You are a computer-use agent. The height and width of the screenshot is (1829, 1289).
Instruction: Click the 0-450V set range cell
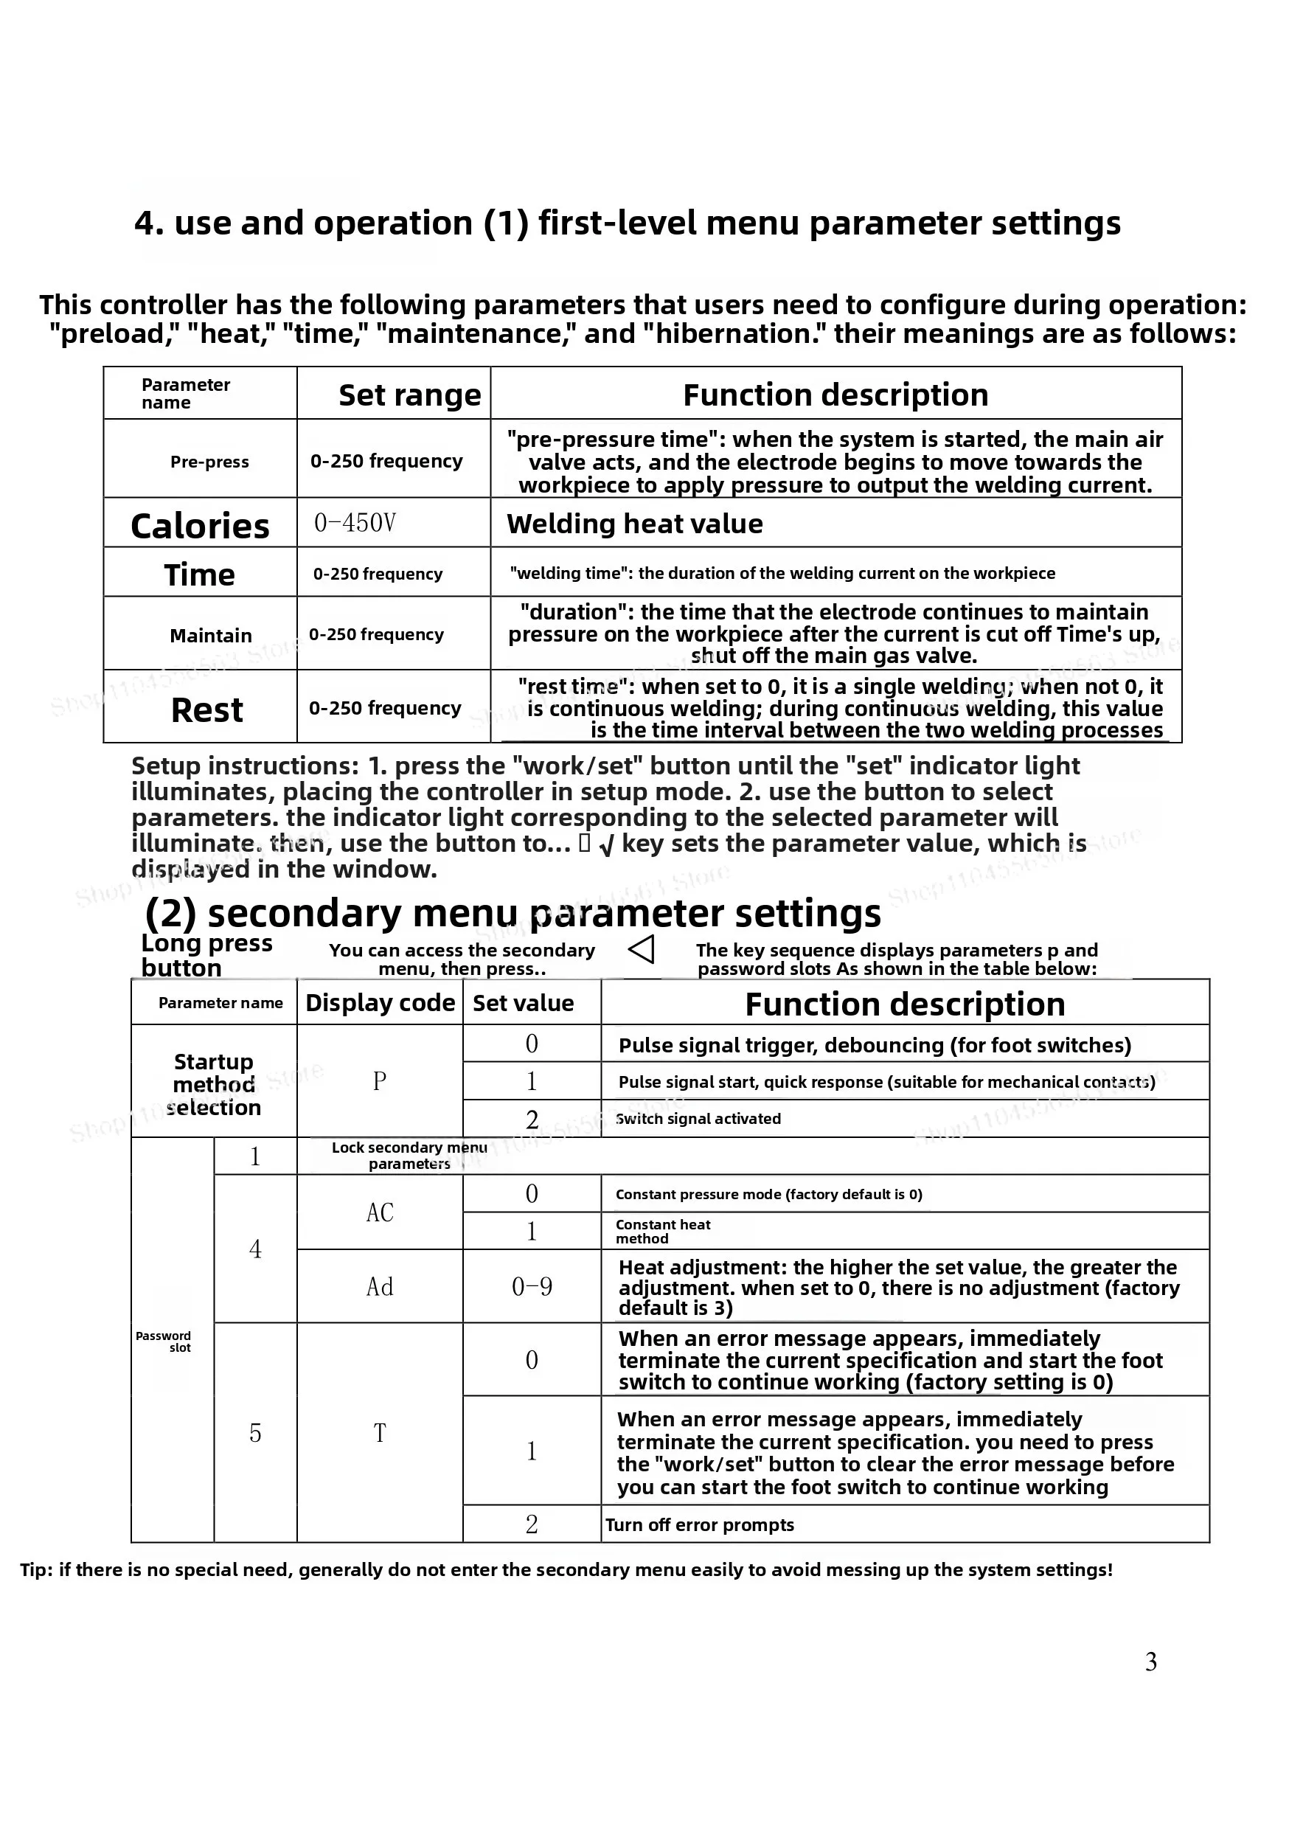[x=355, y=523]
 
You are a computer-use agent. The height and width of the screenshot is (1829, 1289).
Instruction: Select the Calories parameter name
[x=200, y=526]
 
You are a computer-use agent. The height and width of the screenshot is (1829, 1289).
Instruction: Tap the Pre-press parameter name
[x=209, y=462]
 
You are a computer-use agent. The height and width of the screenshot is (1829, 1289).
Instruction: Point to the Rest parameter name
[x=206, y=709]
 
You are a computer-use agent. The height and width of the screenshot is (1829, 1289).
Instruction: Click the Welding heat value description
[x=634, y=524]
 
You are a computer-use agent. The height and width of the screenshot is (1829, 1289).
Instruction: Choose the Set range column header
[x=409, y=395]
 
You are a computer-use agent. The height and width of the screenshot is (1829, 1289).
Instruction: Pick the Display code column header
[x=380, y=1003]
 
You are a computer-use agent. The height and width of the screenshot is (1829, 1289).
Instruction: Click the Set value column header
[x=523, y=1003]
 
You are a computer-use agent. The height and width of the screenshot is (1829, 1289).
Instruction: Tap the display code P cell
[x=380, y=1081]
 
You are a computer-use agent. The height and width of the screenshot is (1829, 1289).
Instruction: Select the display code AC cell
[x=380, y=1212]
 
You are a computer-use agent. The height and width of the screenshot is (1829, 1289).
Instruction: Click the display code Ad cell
[x=380, y=1286]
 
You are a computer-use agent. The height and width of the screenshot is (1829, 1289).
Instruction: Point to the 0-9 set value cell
[x=532, y=1286]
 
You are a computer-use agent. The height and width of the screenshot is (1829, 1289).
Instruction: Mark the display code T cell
[x=380, y=1433]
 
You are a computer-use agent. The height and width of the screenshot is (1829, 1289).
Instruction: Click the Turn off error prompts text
[x=700, y=1524]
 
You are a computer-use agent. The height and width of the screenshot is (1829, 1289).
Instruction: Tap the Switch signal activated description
[x=698, y=1119]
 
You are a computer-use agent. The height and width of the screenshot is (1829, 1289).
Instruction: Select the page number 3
[x=1150, y=1662]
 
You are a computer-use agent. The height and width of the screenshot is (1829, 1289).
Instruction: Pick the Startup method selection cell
[x=214, y=1084]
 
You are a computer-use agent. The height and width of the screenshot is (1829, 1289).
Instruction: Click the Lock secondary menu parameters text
[x=409, y=1155]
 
